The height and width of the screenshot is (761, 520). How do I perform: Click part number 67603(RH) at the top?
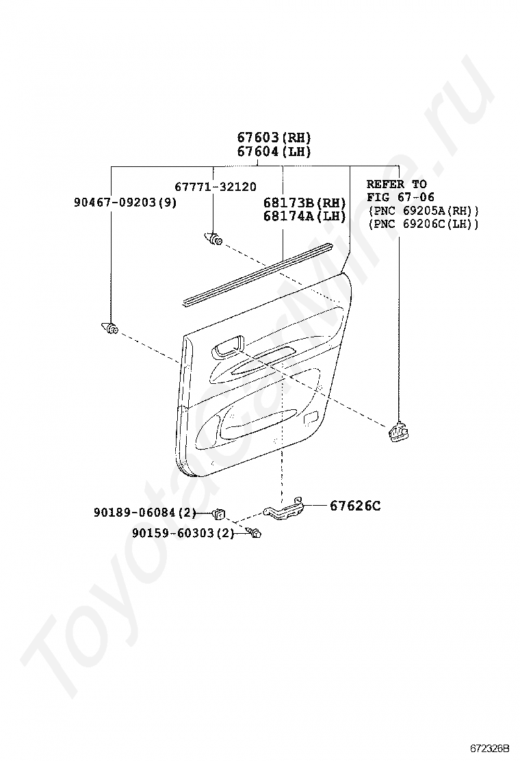274,137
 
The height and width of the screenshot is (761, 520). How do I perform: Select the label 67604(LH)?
274,152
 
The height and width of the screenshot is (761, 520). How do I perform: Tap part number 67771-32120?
215,186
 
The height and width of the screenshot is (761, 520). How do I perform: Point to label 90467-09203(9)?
125,203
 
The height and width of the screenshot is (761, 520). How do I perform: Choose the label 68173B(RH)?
304,203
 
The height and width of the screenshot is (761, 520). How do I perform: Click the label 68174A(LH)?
304,216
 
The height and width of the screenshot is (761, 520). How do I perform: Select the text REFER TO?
396,184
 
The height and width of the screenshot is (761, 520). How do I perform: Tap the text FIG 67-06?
400,197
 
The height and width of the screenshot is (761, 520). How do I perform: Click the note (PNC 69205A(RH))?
423,211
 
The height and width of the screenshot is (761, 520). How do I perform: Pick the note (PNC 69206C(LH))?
423,224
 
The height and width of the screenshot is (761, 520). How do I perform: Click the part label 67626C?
355,506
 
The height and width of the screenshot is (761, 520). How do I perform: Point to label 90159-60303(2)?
183,533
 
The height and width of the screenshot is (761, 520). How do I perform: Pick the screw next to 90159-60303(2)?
255,533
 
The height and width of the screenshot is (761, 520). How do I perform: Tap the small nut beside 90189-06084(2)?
220,511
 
